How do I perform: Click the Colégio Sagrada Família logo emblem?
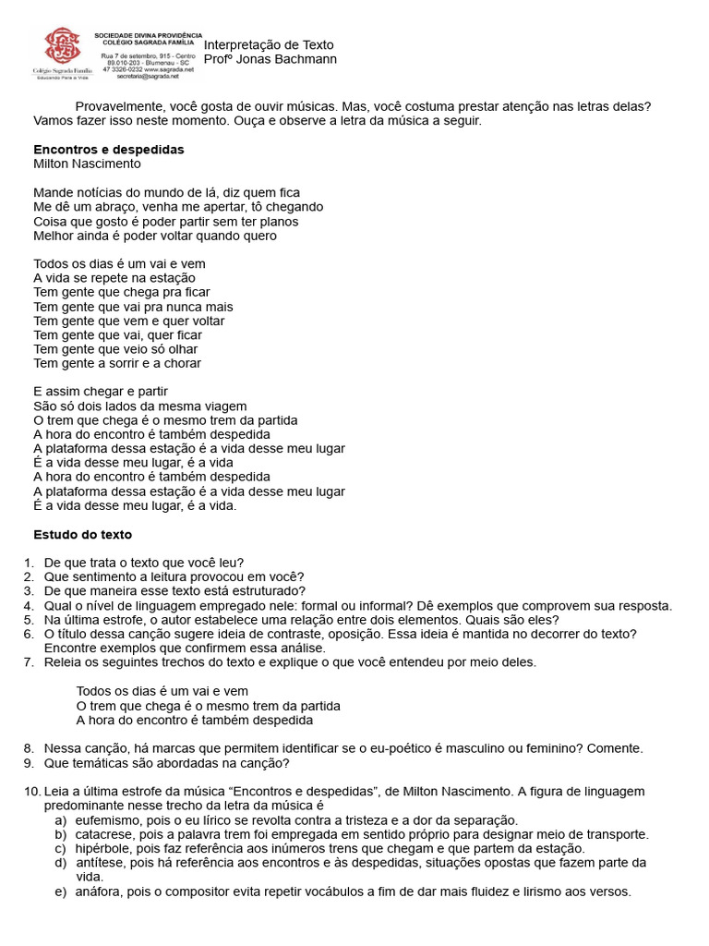coord(61,46)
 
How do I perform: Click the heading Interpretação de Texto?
coord(268,45)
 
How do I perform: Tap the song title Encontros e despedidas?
coord(109,149)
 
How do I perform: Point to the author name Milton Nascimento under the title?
coord(87,164)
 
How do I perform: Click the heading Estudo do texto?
coord(82,534)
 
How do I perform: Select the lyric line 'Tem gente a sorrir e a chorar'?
coord(117,363)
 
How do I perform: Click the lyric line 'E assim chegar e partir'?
coord(101,392)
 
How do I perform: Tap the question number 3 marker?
coord(29,591)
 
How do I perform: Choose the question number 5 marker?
coord(29,620)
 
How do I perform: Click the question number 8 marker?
coord(29,748)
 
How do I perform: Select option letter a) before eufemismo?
coord(60,820)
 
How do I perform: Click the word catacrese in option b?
coord(105,834)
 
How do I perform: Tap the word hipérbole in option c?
coord(105,848)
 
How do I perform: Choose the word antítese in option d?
coord(101,863)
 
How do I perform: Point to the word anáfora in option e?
coord(101,891)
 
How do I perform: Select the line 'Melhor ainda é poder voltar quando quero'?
coord(155,236)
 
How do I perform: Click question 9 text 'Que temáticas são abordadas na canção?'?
coord(167,763)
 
